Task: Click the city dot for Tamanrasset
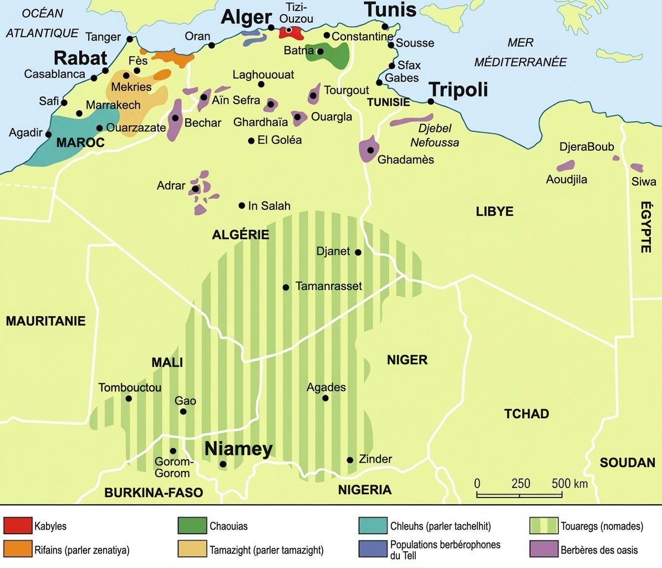286,287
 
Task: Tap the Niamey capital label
238,449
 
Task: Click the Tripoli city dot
431,102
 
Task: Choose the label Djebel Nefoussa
435,135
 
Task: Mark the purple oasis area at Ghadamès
369,149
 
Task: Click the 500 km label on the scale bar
569,483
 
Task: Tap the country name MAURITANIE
45,321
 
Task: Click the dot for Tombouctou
129,398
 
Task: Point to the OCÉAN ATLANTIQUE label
42,23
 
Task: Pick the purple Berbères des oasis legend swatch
543,549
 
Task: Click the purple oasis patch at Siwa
637,168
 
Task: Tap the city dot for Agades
325,398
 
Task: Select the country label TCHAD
526,414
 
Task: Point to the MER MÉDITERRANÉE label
520,52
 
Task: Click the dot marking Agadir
48,134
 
